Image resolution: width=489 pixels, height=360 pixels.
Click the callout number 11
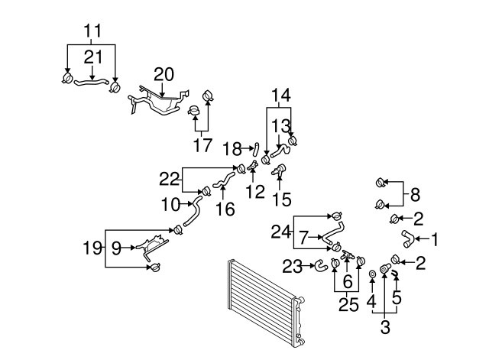tap(92, 31)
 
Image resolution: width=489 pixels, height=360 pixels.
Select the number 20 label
tap(164, 74)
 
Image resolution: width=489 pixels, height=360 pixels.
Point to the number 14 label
tap(280, 96)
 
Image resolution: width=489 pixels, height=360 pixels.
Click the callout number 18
tap(232, 148)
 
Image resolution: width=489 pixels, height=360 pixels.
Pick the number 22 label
tap(169, 178)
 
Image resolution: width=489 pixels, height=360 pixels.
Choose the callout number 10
tap(170, 204)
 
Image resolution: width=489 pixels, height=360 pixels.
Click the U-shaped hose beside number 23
tap(322, 265)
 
